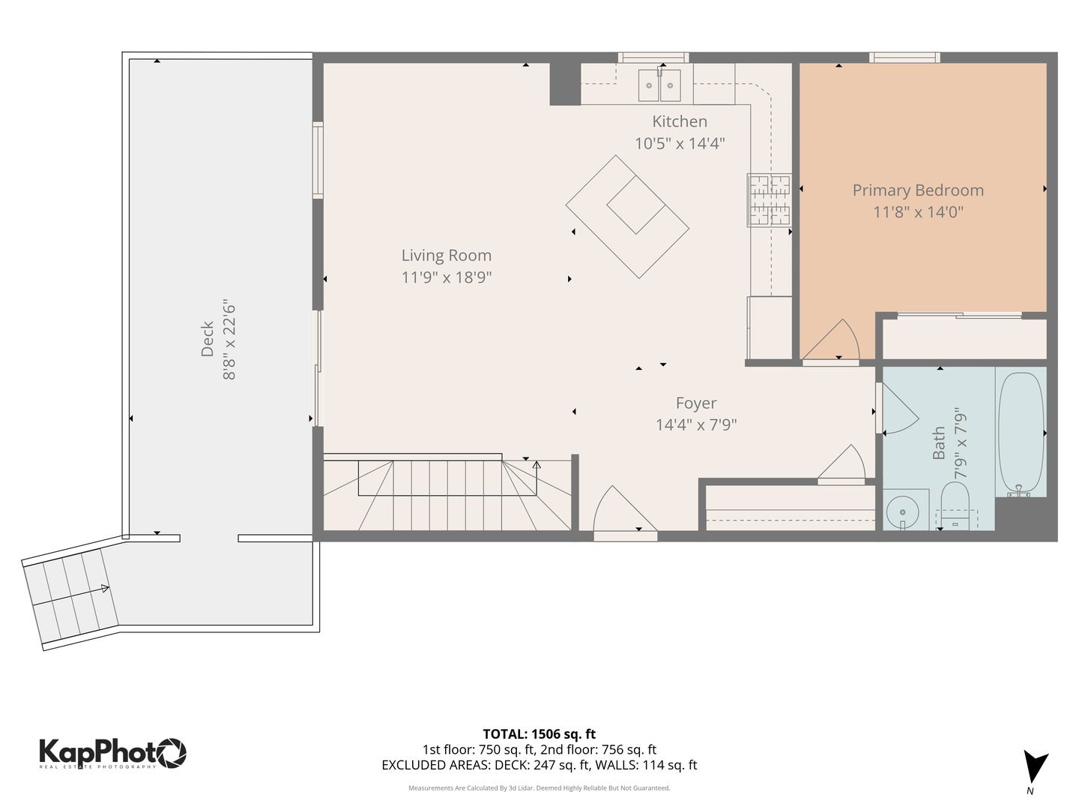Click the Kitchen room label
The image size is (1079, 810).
pyautogui.click(x=680, y=121)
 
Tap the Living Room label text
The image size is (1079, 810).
pyautogui.click(x=447, y=255)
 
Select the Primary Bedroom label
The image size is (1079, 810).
pyautogui.click(x=918, y=190)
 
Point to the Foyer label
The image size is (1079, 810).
pyautogui.click(x=695, y=403)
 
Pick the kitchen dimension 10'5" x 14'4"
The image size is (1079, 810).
pyautogui.click(x=680, y=143)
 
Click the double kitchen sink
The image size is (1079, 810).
pyautogui.click(x=659, y=85)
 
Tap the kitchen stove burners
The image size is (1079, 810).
pyautogui.click(x=769, y=199)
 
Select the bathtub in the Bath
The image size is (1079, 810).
pyautogui.click(x=1021, y=433)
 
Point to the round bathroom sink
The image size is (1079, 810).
pyautogui.click(x=902, y=511)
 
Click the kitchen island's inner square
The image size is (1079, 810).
pyautogui.click(x=635, y=205)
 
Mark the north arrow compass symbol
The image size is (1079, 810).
pyautogui.click(x=1035, y=767)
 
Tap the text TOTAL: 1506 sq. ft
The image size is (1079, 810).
pyautogui.click(x=539, y=734)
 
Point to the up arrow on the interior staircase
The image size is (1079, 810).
pyautogui.click(x=537, y=478)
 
